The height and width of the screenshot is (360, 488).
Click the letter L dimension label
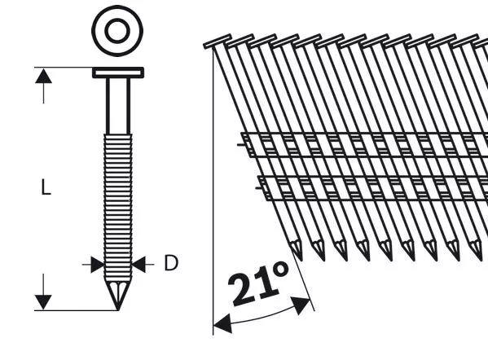[x=46, y=187]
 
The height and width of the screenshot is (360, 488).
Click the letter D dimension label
[x=171, y=263]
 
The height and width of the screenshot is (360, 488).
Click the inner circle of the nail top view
[x=117, y=31]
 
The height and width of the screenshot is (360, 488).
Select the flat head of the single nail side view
[x=118, y=72]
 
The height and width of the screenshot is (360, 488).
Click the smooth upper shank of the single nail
[x=118, y=106]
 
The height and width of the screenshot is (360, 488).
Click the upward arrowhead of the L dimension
[x=43, y=76]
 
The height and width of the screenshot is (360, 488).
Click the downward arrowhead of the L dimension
[x=43, y=302]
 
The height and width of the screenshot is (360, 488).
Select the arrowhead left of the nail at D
[x=98, y=265]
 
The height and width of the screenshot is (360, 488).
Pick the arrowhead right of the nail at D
[x=138, y=265]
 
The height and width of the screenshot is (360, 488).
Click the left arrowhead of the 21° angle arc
[x=223, y=323]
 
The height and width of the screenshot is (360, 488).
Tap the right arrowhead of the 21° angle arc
[x=301, y=305]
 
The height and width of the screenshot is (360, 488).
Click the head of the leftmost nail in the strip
[x=218, y=42]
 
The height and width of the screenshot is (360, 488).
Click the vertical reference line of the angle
[x=213, y=191]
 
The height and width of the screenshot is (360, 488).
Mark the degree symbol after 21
[x=281, y=270]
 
